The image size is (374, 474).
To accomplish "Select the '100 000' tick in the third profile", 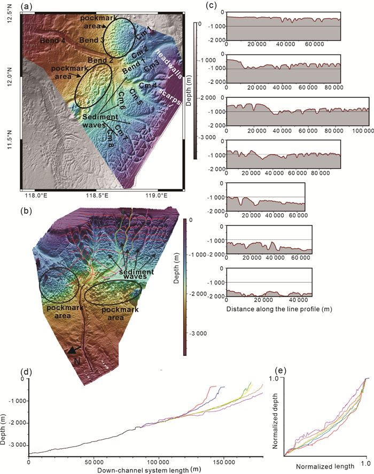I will [361, 130].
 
